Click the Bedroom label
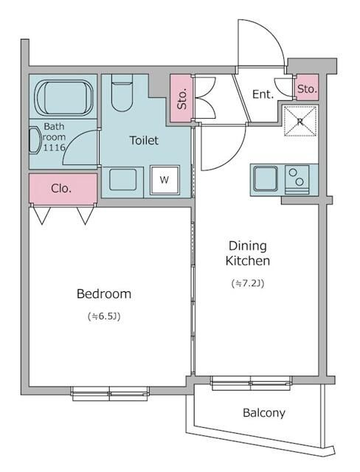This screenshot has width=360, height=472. (104, 294)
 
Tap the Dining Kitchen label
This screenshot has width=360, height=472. (248, 253)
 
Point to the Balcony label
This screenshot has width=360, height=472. (264, 413)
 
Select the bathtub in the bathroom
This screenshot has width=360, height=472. (64, 97)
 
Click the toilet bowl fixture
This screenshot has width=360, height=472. (122, 93)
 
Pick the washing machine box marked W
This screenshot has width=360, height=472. (165, 180)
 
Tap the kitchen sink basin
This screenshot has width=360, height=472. (265, 178)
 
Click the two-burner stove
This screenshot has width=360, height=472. (297, 179)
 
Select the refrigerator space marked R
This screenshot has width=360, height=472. (300, 121)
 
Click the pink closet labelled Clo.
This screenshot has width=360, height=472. (63, 189)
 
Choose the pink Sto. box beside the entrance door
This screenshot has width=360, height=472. (307, 88)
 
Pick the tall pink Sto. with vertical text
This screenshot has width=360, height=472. (181, 98)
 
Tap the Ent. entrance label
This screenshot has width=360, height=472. (263, 94)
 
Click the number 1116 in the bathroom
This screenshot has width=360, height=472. (55, 147)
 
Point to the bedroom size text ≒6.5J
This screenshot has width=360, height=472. (104, 316)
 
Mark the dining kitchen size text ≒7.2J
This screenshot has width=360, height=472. (248, 283)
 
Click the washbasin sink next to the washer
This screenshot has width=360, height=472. (122, 180)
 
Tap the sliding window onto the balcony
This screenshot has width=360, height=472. (251, 383)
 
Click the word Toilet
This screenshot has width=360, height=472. (144, 140)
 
